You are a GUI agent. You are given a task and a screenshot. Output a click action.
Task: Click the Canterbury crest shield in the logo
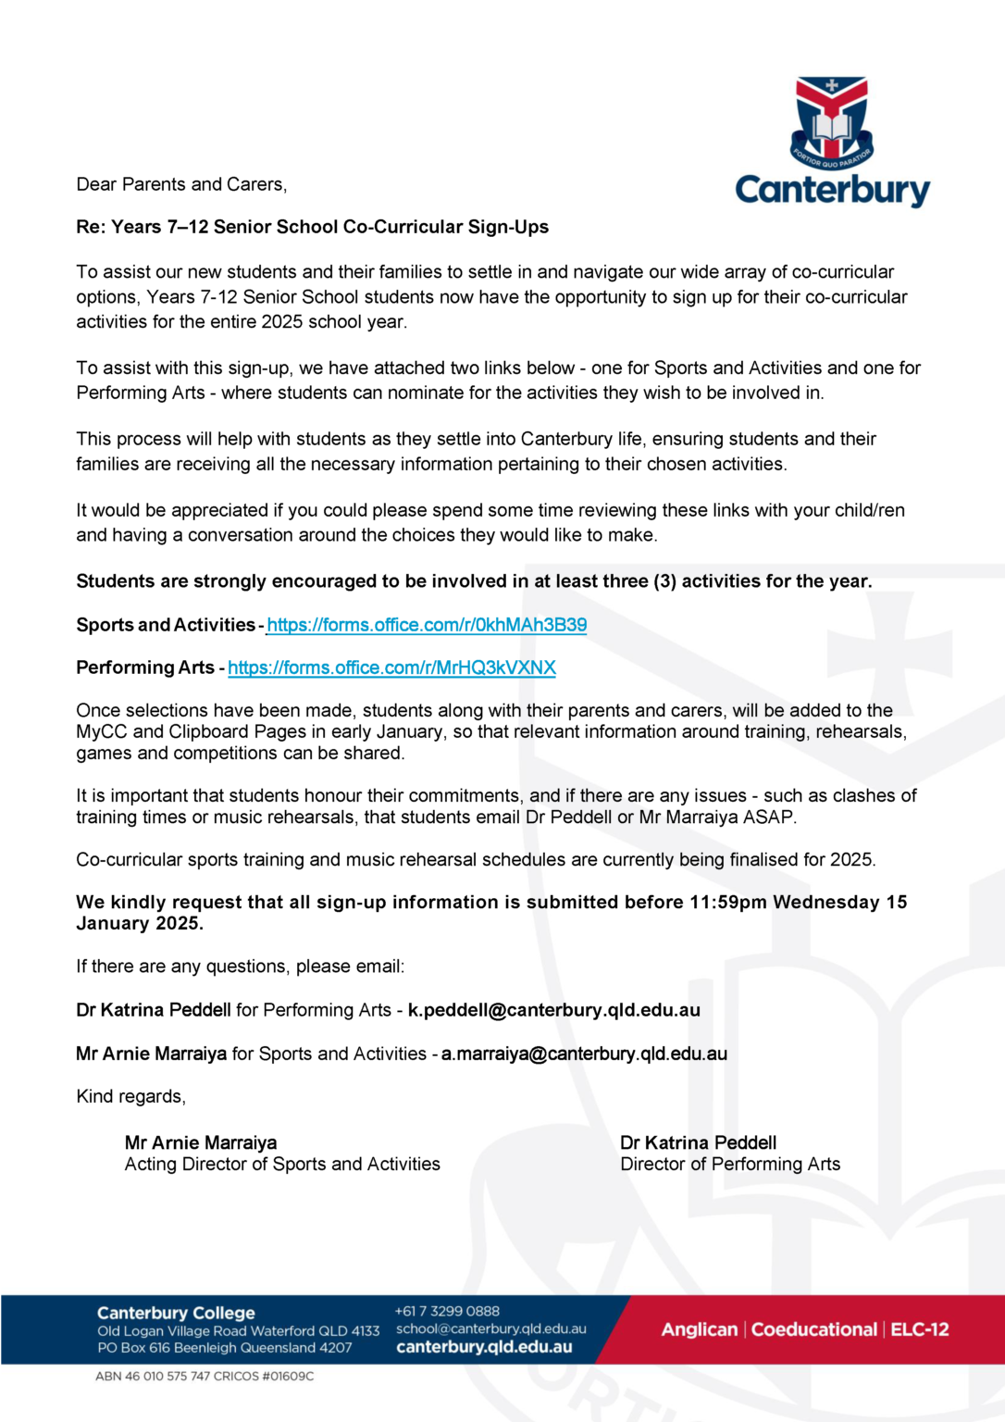tap(831, 120)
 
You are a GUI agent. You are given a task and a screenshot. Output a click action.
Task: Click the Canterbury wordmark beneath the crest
tap(832, 190)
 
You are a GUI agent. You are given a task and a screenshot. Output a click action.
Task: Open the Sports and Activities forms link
tap(427, 625)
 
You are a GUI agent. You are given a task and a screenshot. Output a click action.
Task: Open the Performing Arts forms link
tap(391, 667)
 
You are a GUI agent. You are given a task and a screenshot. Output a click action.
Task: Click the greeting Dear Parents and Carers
tap(181, 184)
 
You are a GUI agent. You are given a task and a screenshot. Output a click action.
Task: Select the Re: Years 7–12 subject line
tap(312, 227)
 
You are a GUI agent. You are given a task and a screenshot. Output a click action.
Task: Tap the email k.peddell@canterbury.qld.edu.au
tap(553, 1010)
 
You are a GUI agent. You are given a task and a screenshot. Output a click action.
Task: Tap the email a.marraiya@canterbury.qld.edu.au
tap(584, 1054)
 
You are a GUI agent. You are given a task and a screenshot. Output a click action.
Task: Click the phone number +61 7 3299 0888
tap(447, 1311)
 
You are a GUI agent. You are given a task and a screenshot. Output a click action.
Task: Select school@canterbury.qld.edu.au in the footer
tap(490, 1328)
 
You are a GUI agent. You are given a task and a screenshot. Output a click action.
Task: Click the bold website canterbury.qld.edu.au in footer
tap(484, 1347)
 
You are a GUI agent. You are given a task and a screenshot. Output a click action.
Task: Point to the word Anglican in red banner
tap(699, 1329)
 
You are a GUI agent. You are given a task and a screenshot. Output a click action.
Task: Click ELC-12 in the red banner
tap(919, 1329)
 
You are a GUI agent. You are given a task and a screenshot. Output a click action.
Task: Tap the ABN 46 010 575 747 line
tap(205, 1377)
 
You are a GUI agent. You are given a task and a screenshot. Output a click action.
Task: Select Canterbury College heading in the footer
tap(176, 1313)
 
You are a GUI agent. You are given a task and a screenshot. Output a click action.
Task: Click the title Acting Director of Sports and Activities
tap(282, 1165)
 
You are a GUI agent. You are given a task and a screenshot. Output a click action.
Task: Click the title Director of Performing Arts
tap(730, 1165)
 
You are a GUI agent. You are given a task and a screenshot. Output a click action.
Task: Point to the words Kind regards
tap(130, 1096)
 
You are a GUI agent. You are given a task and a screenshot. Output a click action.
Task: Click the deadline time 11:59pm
tap(727, 902)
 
